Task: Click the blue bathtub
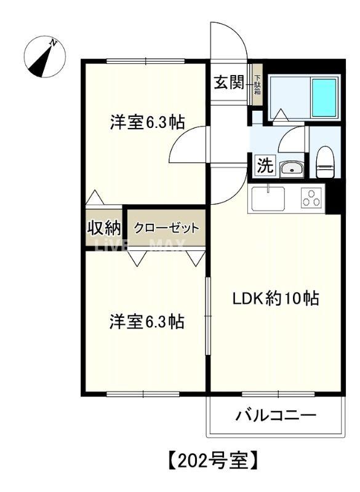(324, 95)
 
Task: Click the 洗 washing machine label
(264, 165)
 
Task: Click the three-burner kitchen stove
(311, 198)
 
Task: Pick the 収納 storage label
(103, 228)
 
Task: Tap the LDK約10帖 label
(274, 300)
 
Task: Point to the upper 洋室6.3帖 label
(148, 122)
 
